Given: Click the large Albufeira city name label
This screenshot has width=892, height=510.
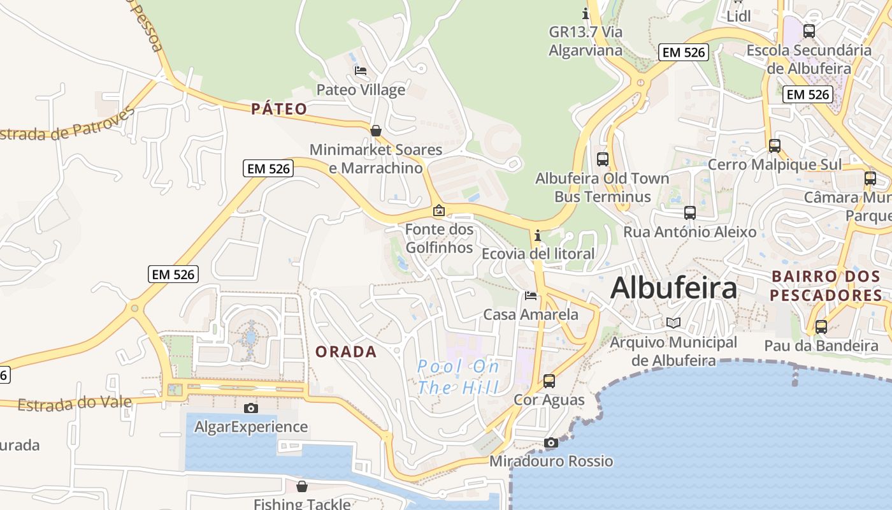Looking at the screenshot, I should click(673, 288).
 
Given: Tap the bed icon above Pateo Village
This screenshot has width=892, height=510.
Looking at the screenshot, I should click(361, 71).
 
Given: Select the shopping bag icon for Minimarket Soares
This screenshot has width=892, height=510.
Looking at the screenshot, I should click(376, 131).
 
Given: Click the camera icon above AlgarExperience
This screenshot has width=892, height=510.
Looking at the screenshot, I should click(251, 408).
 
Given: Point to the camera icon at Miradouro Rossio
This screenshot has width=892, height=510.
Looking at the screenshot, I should click(551, 442).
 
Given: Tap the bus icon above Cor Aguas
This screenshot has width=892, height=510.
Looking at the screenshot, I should click(549, 381).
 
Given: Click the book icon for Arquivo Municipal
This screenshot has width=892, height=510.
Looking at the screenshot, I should click(673, 323).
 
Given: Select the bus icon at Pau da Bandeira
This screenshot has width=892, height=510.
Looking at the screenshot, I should click(821, 327).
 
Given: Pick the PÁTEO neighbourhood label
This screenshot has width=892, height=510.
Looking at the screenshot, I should click(279, 109).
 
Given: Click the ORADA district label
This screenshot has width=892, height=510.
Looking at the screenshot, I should click(346, 352).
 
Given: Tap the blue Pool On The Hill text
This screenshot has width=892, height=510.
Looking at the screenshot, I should click(459, 377).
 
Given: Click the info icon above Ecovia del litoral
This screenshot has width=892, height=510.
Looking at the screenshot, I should click(538, 236).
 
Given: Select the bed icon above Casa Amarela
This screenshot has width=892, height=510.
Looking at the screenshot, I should click(531, 296).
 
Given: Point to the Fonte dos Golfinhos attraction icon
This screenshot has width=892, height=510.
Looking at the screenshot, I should click(439, 210).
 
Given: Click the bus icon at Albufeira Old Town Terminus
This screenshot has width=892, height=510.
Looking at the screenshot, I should click(603, 159).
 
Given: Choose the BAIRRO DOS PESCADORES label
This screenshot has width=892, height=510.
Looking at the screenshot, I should click(826, 286).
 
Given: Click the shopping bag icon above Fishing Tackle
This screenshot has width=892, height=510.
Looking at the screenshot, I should click(302, 486).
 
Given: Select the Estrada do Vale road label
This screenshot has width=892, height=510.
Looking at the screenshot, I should click(75, 404).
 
